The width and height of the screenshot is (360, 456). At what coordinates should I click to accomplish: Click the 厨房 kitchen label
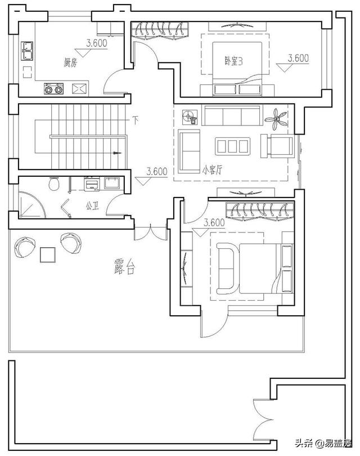70,64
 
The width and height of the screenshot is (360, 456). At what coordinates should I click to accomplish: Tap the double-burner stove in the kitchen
55,88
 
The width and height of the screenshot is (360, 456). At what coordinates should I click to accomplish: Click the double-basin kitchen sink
28,51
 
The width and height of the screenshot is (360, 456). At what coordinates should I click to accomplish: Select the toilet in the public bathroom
54,184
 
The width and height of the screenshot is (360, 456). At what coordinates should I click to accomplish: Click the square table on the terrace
48,255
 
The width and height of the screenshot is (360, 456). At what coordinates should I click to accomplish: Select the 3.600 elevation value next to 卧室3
298,58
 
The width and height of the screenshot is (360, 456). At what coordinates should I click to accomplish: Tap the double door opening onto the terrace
151,232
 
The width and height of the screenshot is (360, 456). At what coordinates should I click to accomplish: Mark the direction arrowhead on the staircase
117,153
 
